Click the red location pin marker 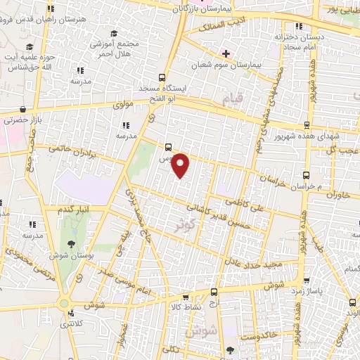click(181, 165)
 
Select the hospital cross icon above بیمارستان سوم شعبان click(226, 53)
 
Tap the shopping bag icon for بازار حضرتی click(25, 109)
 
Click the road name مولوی click(124, 106)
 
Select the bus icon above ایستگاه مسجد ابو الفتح click(162, 77)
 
